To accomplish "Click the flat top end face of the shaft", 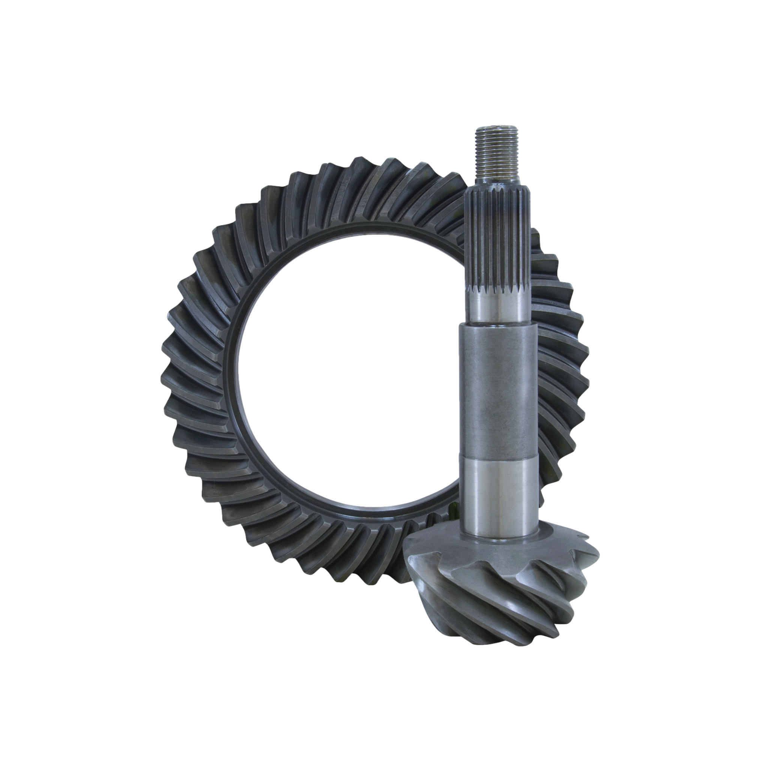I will (496, 128).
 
